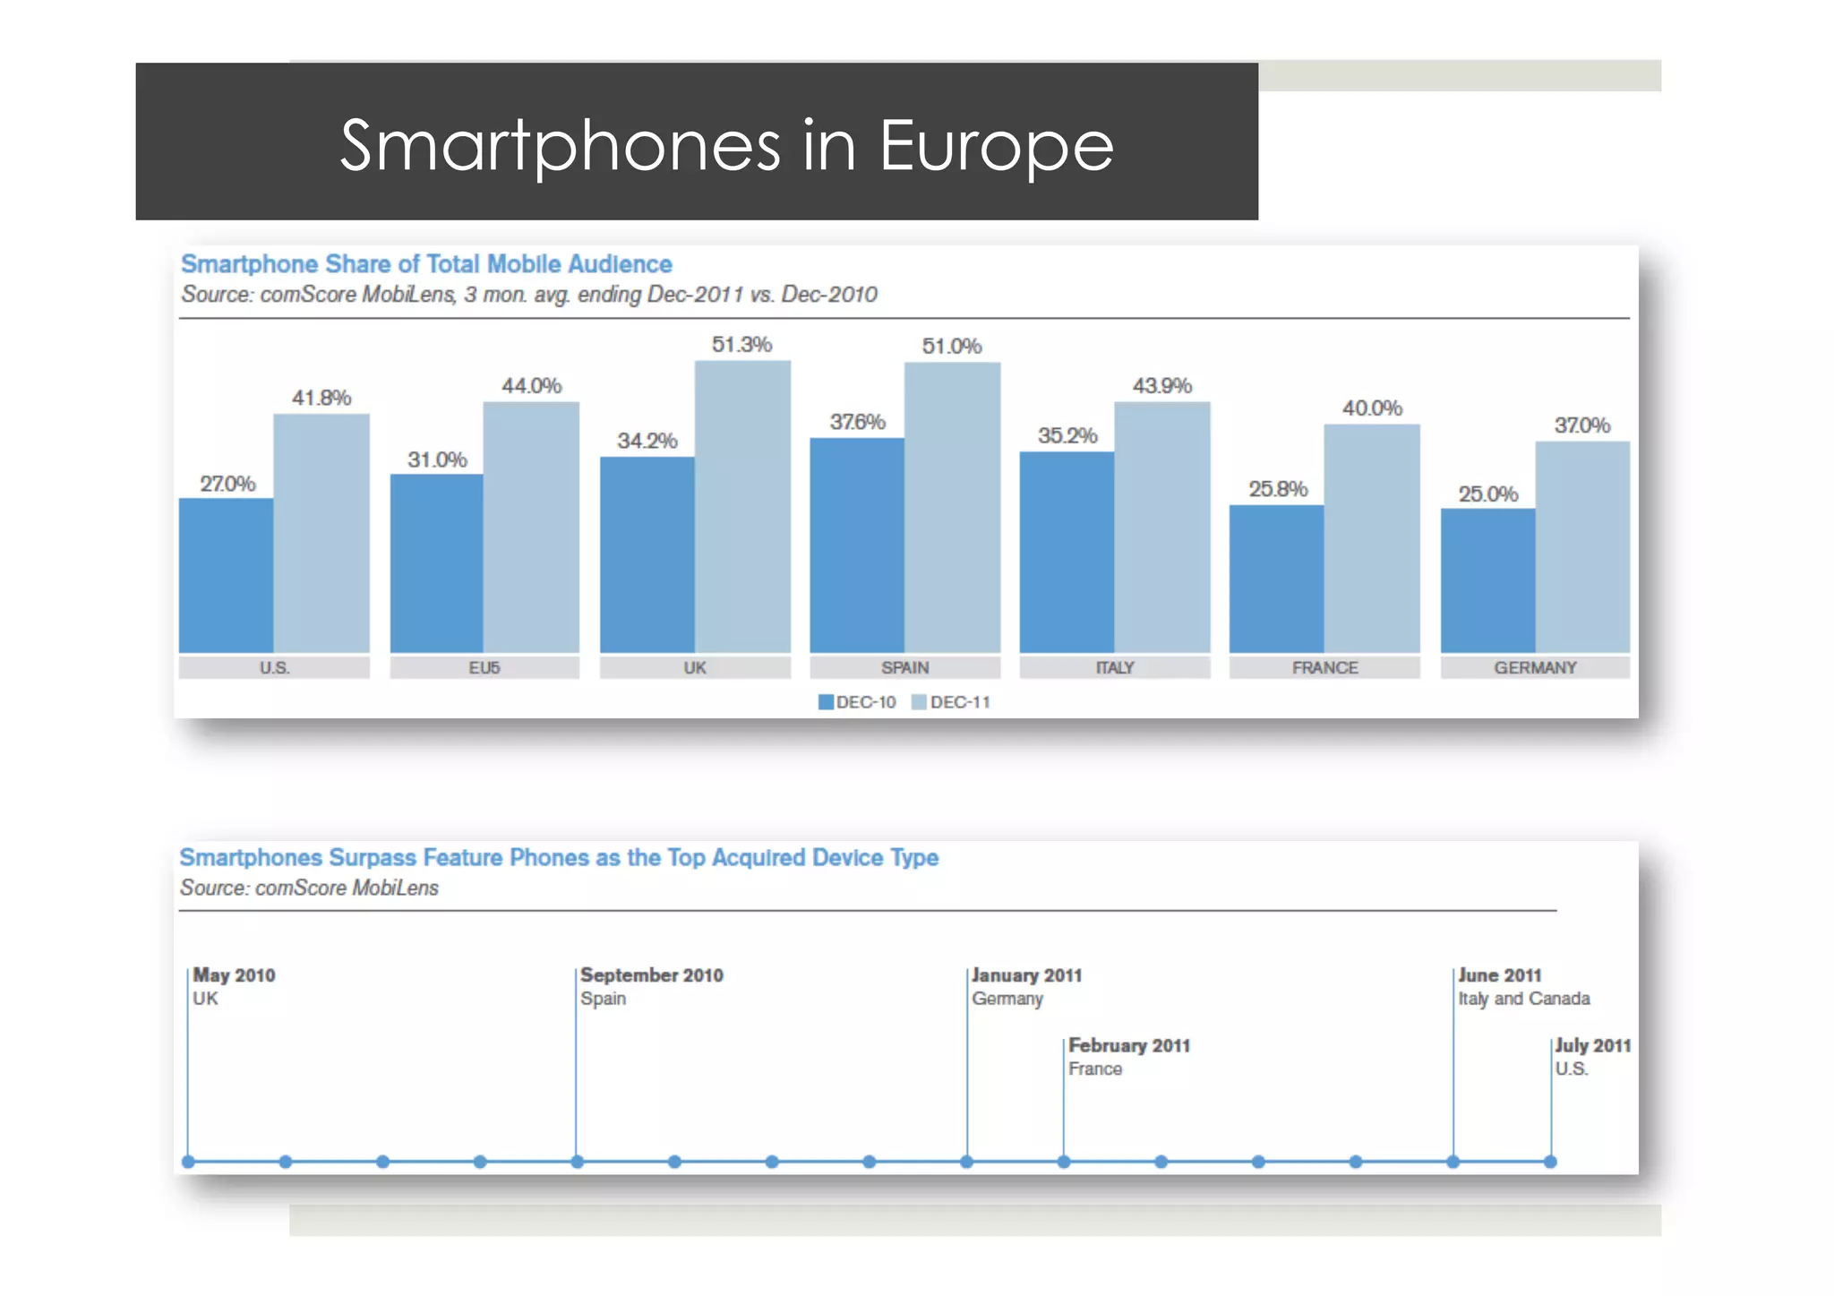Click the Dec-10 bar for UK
(x=647, y=554)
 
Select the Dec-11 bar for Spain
(x=952, y=507)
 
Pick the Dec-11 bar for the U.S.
(x=321, y=533)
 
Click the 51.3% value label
(x=741, y=345)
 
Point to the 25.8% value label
(x=1278, y=489)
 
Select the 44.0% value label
(x=531, y=386)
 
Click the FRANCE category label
(x=1324, y=668)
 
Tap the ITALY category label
(x=1115, y=668)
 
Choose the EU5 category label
(x=484, y=668)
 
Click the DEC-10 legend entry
(x=857, y=702)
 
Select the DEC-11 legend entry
(x=951, y=702)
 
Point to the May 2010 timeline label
(x=234, y=975)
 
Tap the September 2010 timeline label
(x=651, y=975)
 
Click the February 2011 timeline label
(x=1128, y=1046)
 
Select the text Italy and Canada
(x=1523, y=999)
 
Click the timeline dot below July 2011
(x=1550, y=1162)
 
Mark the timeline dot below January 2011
(x=966, y=1162)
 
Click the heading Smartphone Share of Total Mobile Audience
(x=426, y=264)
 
